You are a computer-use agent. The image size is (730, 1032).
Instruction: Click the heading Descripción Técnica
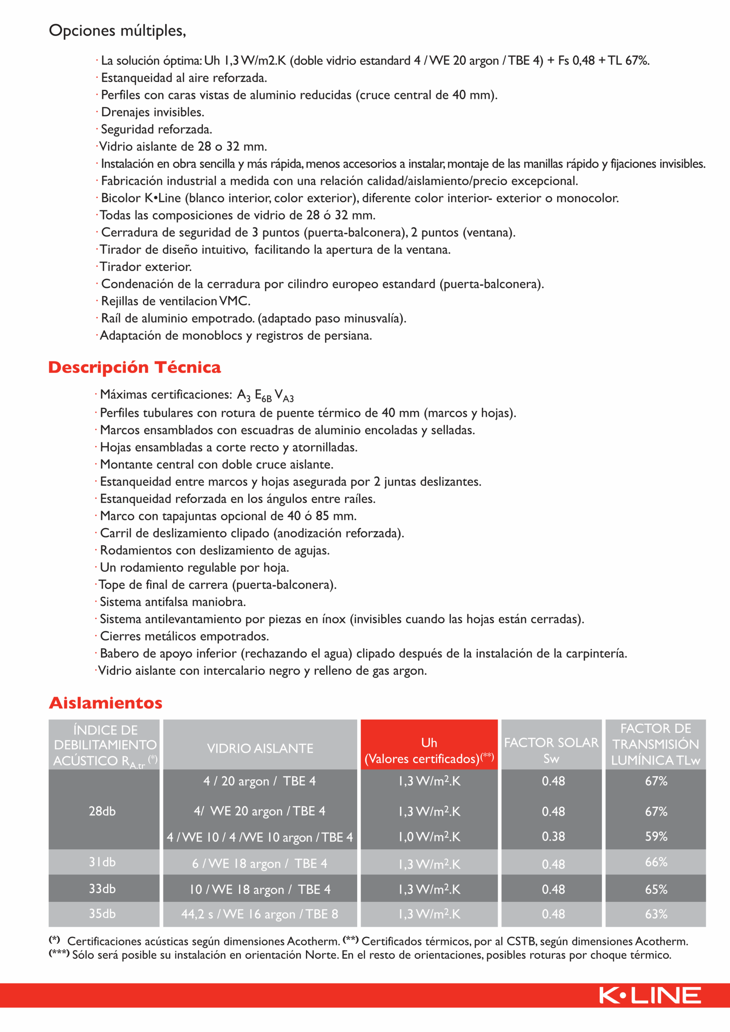[134, 367]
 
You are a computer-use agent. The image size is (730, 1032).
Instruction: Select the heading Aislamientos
[106, 703]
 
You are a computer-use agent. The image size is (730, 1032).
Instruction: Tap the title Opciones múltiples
[117, 31]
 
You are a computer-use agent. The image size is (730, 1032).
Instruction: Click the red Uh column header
[429, 751]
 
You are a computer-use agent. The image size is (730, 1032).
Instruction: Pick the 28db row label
[102, 811]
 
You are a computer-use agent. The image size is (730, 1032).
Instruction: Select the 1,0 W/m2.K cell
[429, 836]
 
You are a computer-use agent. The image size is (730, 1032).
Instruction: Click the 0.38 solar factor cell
[553, 836]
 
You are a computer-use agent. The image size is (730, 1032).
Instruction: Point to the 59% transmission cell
[656, 836]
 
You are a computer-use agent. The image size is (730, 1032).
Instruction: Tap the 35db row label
[102, 914]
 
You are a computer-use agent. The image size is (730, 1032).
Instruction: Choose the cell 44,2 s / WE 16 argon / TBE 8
[260, 914]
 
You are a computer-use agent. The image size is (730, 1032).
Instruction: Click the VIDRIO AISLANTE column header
[260, 748]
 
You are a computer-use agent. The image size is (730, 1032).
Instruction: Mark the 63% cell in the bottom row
[656, 914]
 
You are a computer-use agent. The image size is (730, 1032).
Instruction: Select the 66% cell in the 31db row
[656, 862]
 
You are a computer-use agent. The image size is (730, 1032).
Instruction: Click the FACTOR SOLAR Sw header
[551, 751]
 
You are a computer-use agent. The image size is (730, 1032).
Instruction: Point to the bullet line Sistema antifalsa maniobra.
[173, 602]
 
